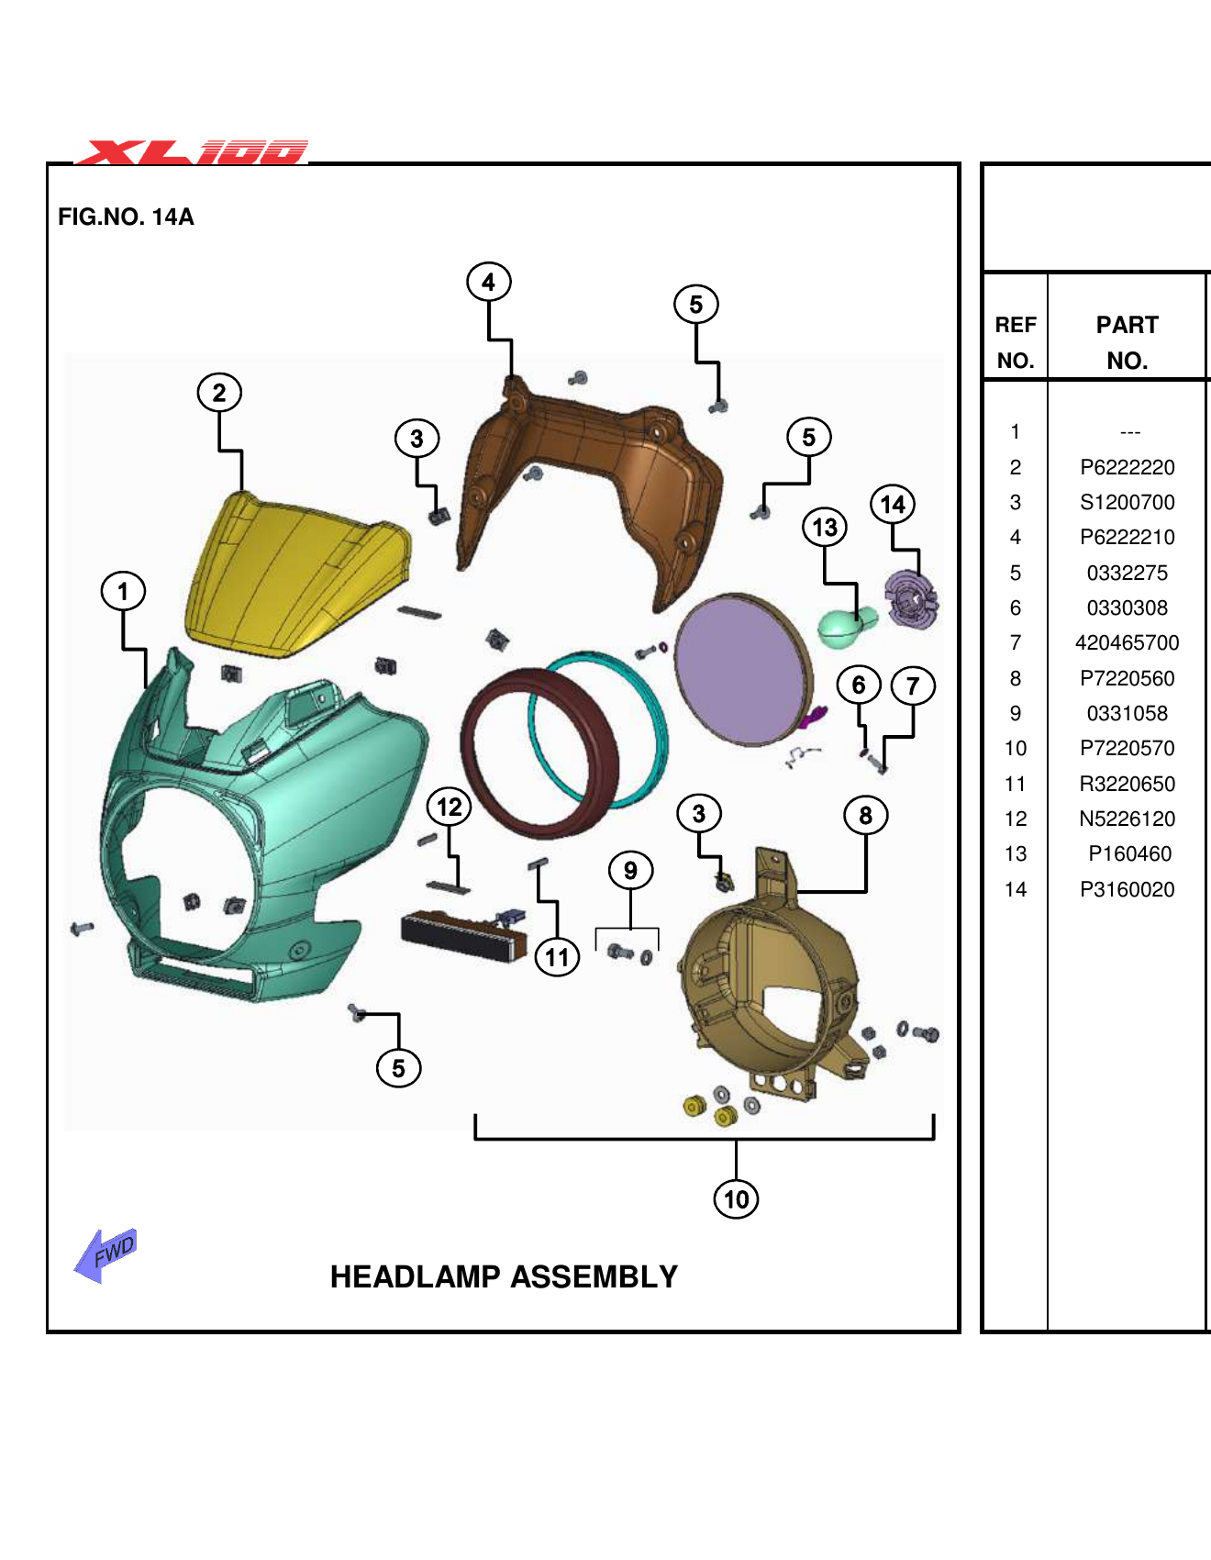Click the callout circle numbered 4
[x=488, y=282]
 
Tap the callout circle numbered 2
[x=219, y=393]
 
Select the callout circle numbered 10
[x=736, y=1198]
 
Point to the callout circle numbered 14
[x=893, y=504]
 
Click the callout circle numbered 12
[x=449, y=807]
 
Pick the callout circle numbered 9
[x=630, y=870]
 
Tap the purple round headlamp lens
[x=741, y=668]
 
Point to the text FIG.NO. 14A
[x=126, y=217]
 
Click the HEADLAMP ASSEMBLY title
[x=504, y=1276]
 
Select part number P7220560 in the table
[x=1127, y=678]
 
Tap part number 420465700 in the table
[x=1127, y=642]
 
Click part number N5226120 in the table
[x=1127, y=819]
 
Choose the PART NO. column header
[x=1127, y=342]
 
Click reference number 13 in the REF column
[x=1015, y=853]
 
